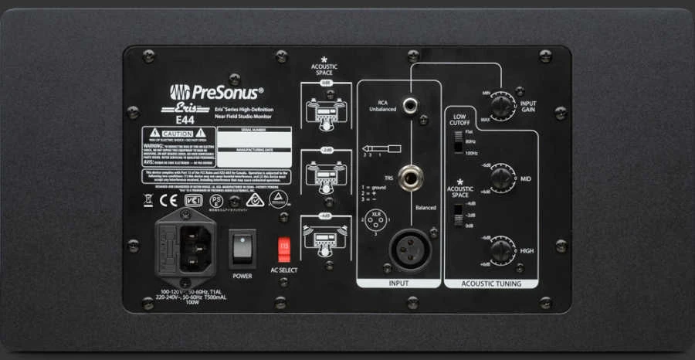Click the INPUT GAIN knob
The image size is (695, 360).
[x=502, y=107]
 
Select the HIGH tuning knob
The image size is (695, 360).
[x=502, y=250]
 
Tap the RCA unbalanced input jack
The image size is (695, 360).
[x=408, y=105]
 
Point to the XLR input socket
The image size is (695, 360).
[x=410, y=250]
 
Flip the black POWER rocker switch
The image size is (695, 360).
[x=242, y=248]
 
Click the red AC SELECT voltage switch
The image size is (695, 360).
[x=284, y=249]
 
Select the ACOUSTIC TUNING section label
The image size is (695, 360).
[x=491, y=284]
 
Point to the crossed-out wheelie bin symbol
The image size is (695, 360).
[x=149, y=199]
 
